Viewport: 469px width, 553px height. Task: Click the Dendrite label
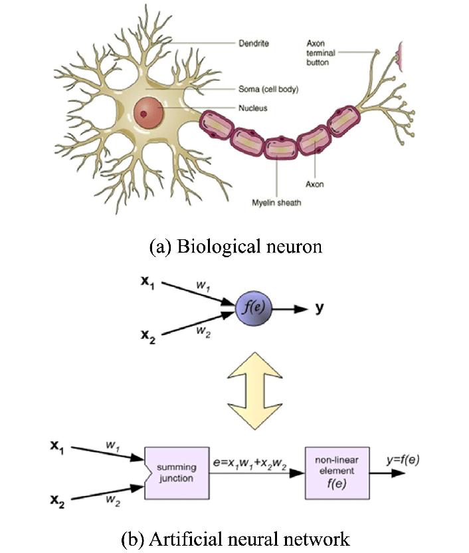pos(254,45)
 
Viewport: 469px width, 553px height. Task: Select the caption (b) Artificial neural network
pos(234,537)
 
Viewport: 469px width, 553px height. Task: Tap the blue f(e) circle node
pos(254,308)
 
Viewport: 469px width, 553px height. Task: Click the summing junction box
pos(176,473)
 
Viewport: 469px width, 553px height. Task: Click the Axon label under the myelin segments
pos(315,184)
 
